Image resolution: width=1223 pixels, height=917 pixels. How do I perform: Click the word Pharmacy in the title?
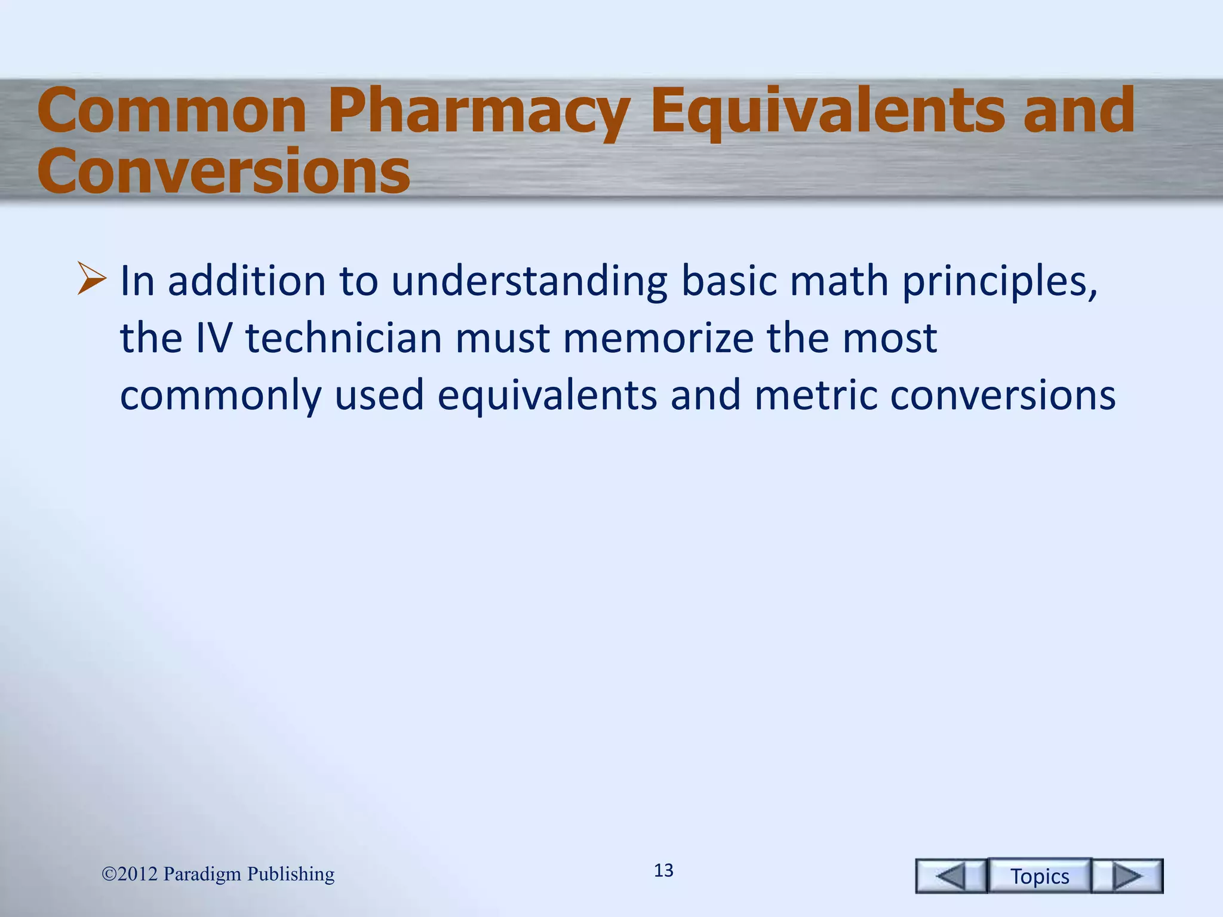478,112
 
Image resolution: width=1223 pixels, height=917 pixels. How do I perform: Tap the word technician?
343,338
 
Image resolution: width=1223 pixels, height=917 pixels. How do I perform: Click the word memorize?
659,338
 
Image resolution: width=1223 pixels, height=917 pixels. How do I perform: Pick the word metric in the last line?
816,395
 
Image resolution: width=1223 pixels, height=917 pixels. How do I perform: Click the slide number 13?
663,870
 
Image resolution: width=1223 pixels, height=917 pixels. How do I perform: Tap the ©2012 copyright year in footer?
130,874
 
